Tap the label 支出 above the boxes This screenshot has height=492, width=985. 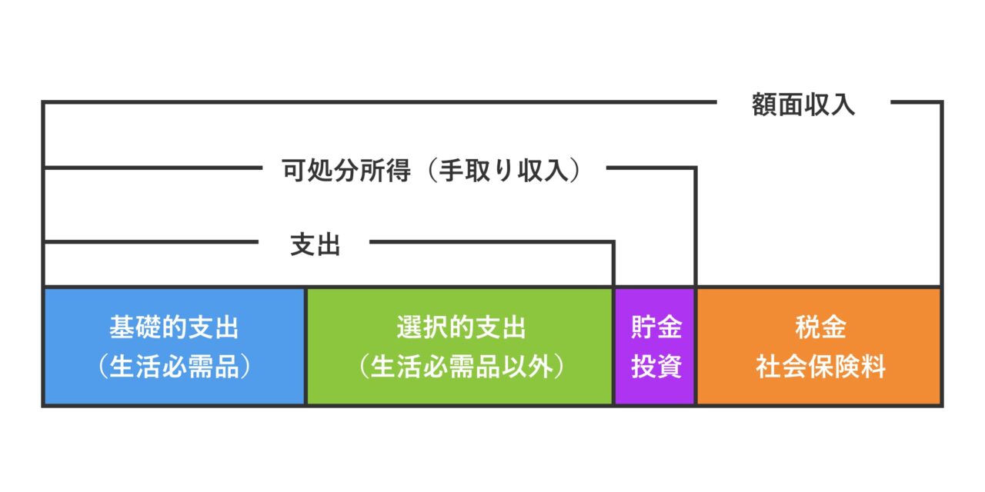click(x=316, y=244)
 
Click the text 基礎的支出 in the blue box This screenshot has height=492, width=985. click(x=174, y=327)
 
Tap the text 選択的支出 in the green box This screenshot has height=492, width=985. click(x=461, y=327)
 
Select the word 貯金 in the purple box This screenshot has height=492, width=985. click(x=656, y=327)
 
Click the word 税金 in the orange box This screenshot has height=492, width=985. click(x=820, y=327)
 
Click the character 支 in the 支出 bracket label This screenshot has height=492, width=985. click(x=302, y=244)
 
